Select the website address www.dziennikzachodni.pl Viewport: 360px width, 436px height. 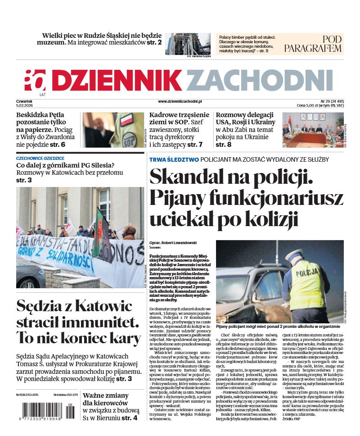coord(180,102)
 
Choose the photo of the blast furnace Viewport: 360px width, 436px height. coord(188,44)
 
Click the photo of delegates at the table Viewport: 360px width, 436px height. coord(313,130)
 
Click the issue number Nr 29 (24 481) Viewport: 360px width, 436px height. coord(332,101)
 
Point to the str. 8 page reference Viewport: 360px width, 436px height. coord(224,145)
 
